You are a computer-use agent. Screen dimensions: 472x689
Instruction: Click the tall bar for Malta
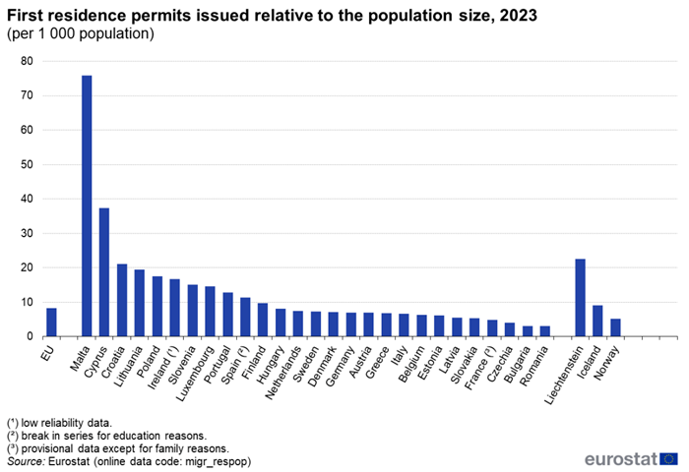(87, 206)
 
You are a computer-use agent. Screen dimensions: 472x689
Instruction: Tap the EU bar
(51, 323)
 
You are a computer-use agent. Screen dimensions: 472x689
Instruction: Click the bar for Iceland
(597, 321)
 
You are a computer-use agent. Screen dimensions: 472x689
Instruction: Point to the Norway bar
(615, 327)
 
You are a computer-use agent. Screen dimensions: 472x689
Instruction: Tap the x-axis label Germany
(338, 364)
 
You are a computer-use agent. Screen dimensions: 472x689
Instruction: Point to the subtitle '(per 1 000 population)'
(81, 33)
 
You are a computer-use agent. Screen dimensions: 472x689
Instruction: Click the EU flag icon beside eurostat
(668, 458)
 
